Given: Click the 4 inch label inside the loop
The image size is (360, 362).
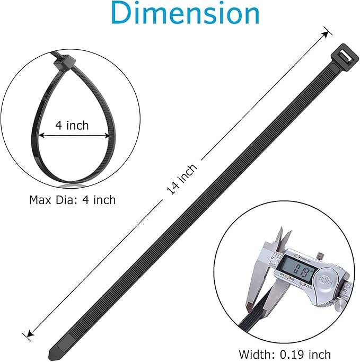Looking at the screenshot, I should (x=72, y=126).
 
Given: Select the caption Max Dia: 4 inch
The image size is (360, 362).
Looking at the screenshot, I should (x=72, y=200).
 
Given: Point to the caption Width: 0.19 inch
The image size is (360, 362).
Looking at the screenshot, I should (x=285, y=354).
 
